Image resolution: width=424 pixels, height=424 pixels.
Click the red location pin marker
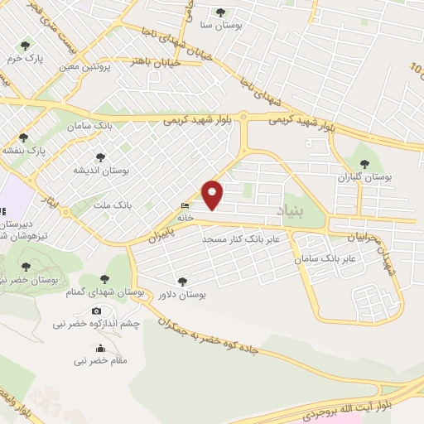tap(213, 195)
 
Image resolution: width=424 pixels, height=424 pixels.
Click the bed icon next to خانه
tap(185, 206)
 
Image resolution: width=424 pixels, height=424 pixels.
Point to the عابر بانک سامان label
tap(328, 259)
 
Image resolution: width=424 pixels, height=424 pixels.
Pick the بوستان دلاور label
tap(182, 295)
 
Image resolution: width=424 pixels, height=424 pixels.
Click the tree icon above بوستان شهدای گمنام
tap(104, 279)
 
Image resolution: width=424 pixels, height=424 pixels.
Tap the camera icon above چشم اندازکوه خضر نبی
tap(97, 311)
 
